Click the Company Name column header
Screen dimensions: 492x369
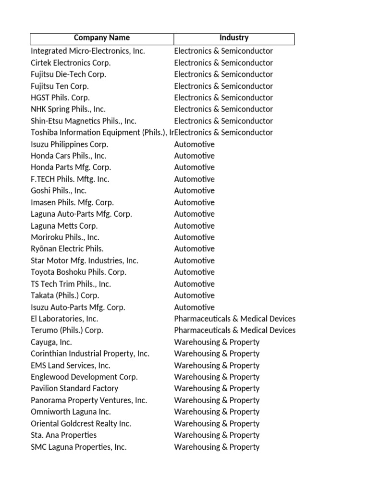coord(102,38)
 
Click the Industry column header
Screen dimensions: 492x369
coord(234,38)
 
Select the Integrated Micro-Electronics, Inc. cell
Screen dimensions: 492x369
coord(88,51)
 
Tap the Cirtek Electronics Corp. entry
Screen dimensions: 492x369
coord(71,63)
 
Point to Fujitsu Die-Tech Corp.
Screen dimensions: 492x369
coord(68,74)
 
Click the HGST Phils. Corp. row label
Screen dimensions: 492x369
coord(60,98)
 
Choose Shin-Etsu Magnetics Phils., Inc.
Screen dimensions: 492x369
coord(84,121)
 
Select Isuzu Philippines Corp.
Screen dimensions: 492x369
coord(69,144)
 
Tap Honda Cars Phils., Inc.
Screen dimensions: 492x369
coord(69,156)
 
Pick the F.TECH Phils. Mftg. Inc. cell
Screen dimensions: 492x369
coord(70,179)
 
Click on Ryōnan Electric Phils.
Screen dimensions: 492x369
coord(67,249)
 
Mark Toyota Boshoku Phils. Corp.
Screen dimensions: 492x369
coord(78,272)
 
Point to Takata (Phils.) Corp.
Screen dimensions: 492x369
coord(65,295)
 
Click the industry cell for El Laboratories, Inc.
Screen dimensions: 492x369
coord(234,319)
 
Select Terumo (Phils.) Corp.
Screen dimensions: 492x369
coord(67,331)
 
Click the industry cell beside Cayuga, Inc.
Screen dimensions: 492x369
coord(217,342)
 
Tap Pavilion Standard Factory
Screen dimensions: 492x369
coord(74,389)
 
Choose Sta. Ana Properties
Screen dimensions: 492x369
coord(63,435)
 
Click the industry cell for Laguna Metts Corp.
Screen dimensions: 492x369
coord(194,226)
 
